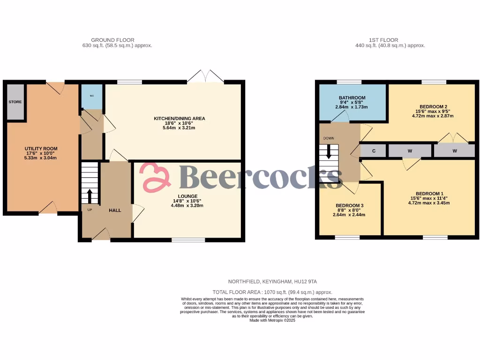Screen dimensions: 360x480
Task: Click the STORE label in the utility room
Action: tap(15, 102)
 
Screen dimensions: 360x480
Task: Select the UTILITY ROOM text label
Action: tap(41, 149)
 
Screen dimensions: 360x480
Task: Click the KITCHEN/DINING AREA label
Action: tap(180, 118)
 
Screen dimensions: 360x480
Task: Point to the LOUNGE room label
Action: tap(187, 196)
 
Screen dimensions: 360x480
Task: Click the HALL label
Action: tap(115, 210)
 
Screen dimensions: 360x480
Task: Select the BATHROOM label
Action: tap(352, 98)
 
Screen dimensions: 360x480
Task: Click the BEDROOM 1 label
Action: tap(429, 194)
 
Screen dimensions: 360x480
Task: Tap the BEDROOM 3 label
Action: tap(349, 206)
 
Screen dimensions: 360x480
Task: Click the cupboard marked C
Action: tap(374, 151)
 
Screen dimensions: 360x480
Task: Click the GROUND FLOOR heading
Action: tap(112, 40)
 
